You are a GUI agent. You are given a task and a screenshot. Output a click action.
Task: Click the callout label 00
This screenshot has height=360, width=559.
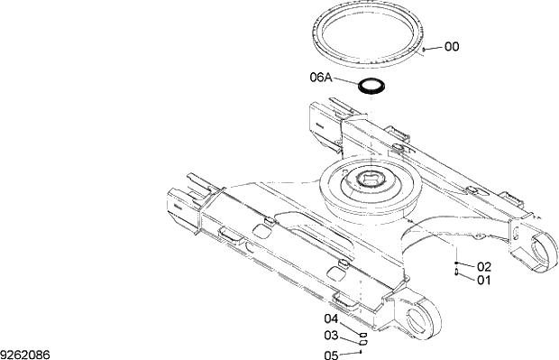click(x=452, y=47)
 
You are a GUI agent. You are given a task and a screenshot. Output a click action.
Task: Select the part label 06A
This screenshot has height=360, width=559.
click(x=323, y=78)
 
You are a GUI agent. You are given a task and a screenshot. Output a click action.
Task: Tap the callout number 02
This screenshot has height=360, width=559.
click(x=484, y=267)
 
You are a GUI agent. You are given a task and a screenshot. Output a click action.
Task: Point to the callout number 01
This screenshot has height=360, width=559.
click(x=484, y=281)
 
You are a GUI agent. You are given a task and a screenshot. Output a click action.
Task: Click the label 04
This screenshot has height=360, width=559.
click(x=332, y=318)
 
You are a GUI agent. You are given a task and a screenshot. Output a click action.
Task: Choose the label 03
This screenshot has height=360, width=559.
click(x=332, y=337)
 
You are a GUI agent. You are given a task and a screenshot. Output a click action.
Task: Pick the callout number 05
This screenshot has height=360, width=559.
click(x=332, y=355)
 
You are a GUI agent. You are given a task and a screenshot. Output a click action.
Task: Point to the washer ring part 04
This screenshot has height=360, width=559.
click(x=362, y=333)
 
